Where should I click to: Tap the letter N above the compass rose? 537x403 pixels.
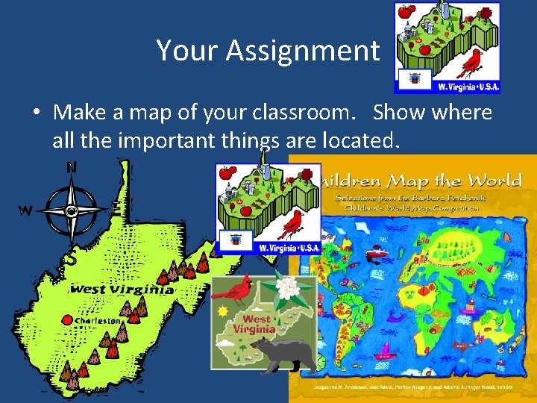click(x=72, y=168)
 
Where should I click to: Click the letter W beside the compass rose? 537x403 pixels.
click(x=25, y=211)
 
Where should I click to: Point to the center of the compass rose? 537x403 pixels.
click(x=72, y=211)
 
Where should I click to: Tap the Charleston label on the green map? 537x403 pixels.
click(x=98, y=321)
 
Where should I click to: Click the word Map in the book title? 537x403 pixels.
click(x=418, y=181)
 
